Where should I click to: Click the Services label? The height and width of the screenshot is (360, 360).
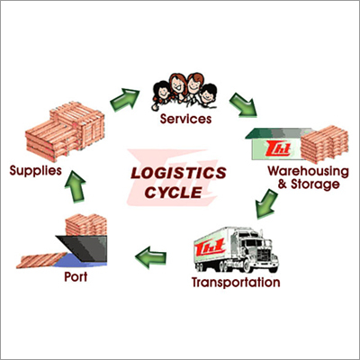(184, 117)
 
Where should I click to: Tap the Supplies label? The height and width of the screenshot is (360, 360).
(35, 168)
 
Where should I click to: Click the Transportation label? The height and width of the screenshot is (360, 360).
(236, 283)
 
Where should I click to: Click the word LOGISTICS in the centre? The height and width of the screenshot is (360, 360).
(177, 171)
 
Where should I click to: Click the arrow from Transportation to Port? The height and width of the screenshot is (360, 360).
(154, 259)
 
